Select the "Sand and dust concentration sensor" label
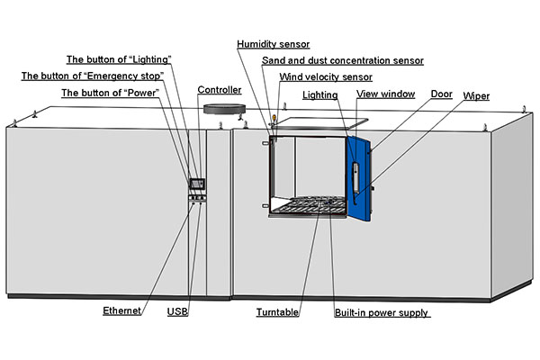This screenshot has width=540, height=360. click(x=342, y=60)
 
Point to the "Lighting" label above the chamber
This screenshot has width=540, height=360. click(x=320, y=94)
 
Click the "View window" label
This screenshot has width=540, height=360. click(x=384, y=94)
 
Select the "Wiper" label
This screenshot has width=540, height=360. click(x=476, y=95)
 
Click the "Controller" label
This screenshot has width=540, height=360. click(x=220, y=91)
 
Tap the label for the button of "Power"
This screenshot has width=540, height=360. click(x=110, y=93)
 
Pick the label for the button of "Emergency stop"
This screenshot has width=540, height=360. click(x=92, y=76)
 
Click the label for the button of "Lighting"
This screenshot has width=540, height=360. click(x=118, y=59)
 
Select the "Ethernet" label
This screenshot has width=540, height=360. click(x=123, y=312)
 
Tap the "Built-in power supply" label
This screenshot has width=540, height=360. click(x=381, y=312)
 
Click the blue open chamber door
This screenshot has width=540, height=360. click(x=360, y=175)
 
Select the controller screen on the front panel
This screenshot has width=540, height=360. click(x=196, y=184)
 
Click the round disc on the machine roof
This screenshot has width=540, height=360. click(x=224, y=110)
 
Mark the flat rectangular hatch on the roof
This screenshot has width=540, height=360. click(x=319, y=119)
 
